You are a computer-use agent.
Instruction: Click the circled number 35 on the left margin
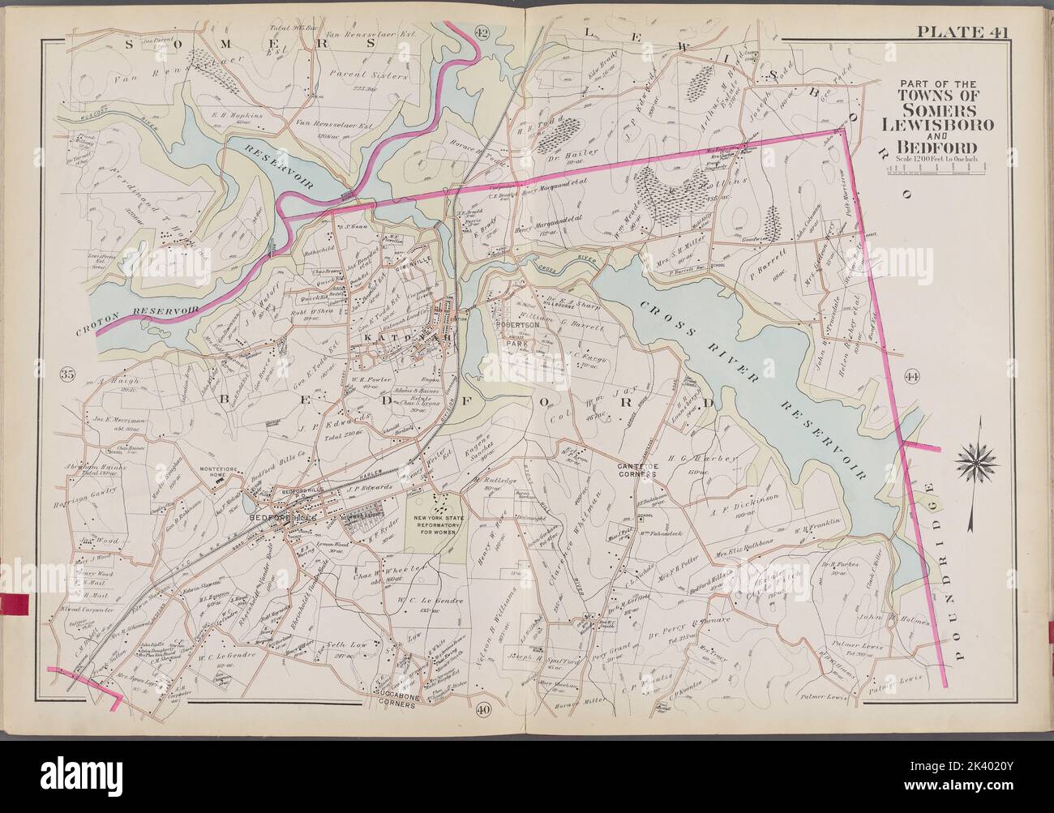tap(67, 374)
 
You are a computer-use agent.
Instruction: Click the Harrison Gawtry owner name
tap(91, 492)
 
